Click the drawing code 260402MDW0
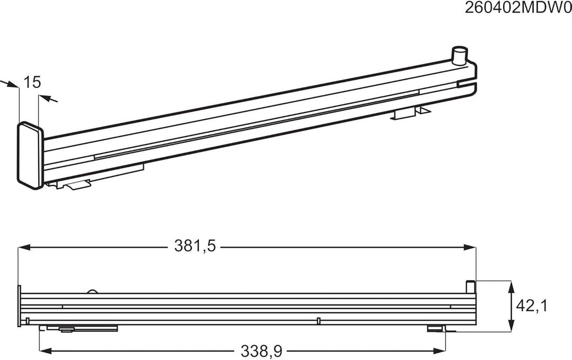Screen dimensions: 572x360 (518, 8)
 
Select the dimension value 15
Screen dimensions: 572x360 (32, 82)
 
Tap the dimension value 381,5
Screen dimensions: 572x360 (195, 246)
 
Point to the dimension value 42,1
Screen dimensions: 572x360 (532, 306)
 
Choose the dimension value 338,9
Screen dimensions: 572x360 (261, 351)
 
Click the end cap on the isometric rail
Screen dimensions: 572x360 (30, 155)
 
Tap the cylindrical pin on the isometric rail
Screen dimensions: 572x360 (460, 55)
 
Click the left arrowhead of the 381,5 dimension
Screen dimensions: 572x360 (24, 247)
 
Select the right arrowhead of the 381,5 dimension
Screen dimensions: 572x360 (470, 247)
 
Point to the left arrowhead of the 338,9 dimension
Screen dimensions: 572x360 (45, 351)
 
